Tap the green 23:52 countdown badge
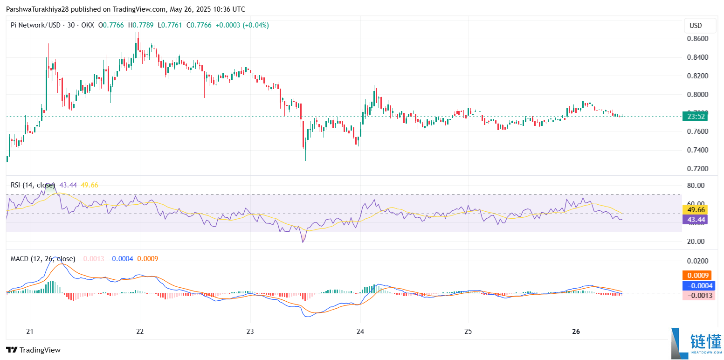695,117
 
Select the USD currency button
696,26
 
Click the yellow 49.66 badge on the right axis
695,210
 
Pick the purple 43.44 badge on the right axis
695,219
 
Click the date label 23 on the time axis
250,332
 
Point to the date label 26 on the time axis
576,332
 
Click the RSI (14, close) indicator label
33,185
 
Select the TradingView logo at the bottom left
33,350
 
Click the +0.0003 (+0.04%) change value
242,25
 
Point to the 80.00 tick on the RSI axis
696,186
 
